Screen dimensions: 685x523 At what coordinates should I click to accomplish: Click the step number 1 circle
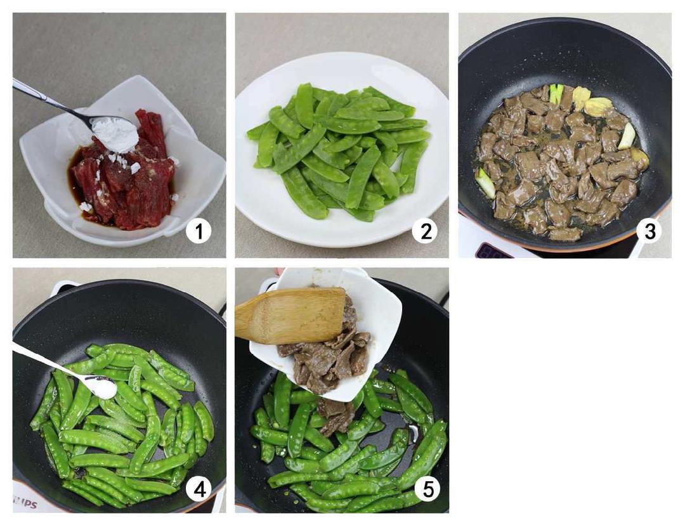pos(199,231)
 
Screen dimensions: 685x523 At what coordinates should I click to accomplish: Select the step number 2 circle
pos(426,231)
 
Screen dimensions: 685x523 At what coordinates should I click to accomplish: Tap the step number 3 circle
pos(649,231)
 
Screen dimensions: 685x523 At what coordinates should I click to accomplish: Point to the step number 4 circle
pos(199,490)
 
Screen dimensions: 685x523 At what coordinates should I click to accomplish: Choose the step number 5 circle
pos(427,490)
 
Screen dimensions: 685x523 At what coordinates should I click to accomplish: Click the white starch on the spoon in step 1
pos(115,132)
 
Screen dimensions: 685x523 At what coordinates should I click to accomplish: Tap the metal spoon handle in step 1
pos(50,100)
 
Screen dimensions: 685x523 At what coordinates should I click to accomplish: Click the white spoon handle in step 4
pos(48,363)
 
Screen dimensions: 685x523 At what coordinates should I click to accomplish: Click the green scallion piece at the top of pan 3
pos(557,93)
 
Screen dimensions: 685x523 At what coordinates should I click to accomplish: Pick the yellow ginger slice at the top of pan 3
pos(580,96)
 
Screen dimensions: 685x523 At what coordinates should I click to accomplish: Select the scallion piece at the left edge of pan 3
pos(485,183)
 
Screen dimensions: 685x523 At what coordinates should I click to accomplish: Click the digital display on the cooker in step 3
pos(493,250)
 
